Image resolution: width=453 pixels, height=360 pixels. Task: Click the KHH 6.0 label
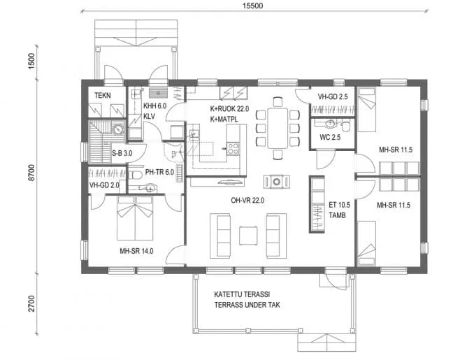pos(154,106)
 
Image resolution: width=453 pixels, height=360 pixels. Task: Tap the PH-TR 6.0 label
pos(159,172)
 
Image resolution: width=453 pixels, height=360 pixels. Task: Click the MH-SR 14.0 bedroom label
pos(136,250)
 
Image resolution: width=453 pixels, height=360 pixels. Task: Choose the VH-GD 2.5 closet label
pos(332,96)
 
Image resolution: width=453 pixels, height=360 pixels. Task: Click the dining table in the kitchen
pos(278,128)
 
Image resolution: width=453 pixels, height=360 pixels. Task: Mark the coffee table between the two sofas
pos(249,236)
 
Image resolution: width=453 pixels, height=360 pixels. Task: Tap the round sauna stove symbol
pos(119,129)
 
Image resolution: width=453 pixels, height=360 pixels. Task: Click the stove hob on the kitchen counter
pos(233,147)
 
